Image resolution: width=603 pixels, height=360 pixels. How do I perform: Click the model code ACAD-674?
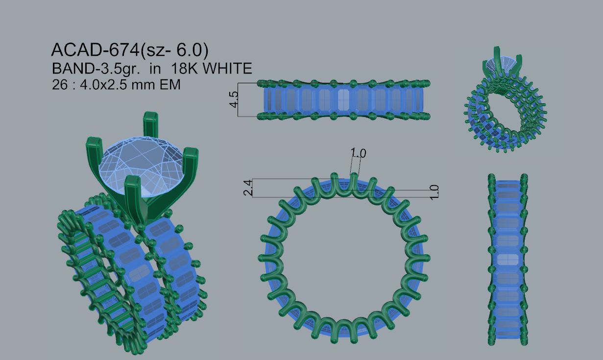pyautogui.click(x=96, y=50)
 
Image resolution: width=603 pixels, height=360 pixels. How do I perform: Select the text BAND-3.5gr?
pyautogui.click(x=96, y=69)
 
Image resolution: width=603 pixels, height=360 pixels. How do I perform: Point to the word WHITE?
pyautogui.click(x=227, y=69)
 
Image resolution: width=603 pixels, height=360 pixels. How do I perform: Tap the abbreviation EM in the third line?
pyautogui.click(x=170, y=85)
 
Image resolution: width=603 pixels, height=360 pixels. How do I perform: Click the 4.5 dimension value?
pyautogui.click(x=234, y=99)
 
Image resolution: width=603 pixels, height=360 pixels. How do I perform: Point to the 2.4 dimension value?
pyautogui.click(x=248, y=188)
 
